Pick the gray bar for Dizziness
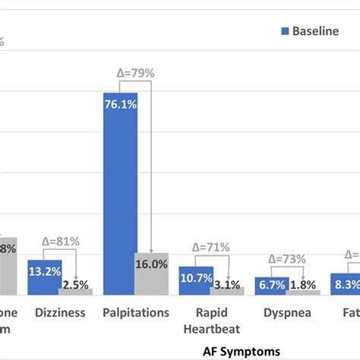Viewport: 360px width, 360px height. (77, 291)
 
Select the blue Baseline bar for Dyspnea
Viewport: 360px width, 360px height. (270, 286)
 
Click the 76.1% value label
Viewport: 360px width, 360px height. (120, 106)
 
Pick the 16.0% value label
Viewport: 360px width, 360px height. (152, 264)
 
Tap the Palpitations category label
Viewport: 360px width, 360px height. (135, 311)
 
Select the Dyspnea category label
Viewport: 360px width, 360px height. (286, 311)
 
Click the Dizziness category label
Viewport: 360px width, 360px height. (60, 311)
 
